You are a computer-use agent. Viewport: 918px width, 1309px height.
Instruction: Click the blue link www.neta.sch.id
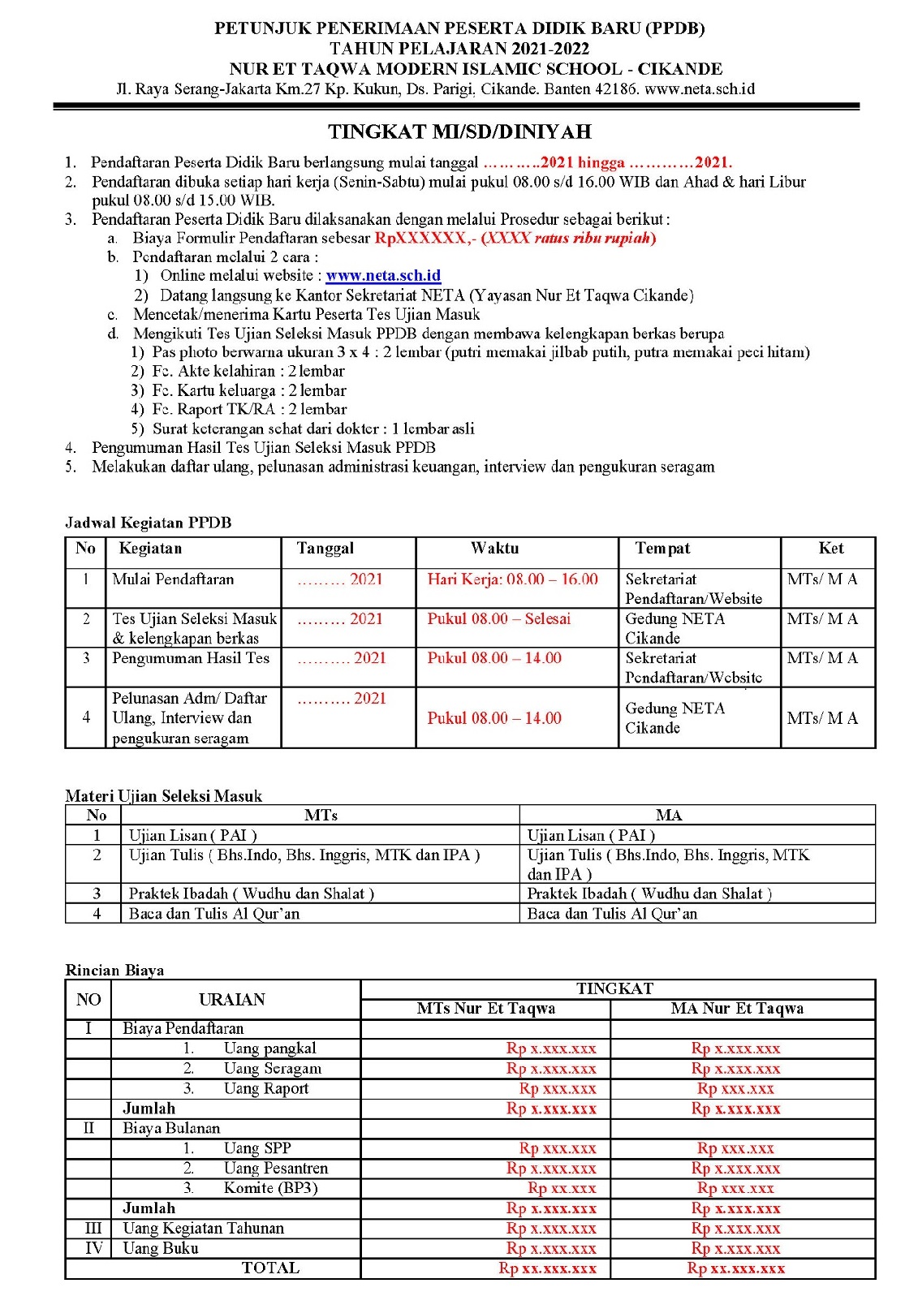[383, 276]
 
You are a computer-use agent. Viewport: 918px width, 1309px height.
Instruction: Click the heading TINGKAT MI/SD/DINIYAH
[459, 131]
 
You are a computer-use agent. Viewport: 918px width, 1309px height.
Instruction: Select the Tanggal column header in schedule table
[325, 549]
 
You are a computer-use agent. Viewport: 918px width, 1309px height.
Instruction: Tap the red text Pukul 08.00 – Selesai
[498, 619]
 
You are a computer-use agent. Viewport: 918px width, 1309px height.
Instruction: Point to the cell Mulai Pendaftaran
[173, 579]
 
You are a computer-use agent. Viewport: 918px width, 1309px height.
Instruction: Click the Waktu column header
[494, 549]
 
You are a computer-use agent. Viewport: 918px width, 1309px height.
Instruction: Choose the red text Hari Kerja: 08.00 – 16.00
[512, 579]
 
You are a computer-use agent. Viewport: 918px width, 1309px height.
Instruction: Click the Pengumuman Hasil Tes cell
[191, 658]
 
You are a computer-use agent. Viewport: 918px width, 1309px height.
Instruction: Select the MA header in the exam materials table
[669, 816]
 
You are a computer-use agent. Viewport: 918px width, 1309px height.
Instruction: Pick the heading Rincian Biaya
[114, 971]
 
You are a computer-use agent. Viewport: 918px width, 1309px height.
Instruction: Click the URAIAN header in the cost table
[232, 1000]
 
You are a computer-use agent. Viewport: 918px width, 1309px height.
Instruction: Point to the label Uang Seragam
[272, 1069]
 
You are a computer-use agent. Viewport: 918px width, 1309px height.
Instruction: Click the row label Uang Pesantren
[275, 1169]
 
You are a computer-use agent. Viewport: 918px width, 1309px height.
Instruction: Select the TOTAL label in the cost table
[270, 1268]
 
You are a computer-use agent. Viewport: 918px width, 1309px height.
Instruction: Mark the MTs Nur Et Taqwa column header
[485, 1009]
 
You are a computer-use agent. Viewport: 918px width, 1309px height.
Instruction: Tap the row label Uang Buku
[161, 1248]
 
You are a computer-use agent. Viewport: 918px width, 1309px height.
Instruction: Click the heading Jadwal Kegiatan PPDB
[149, 523]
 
